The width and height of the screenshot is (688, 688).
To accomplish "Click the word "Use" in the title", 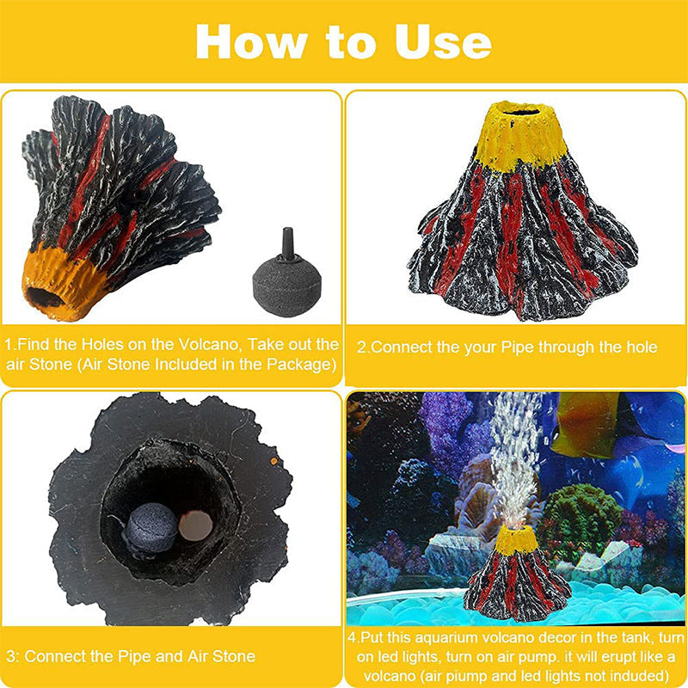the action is coord(443,41).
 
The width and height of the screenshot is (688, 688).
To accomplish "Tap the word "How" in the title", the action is coord(251,41).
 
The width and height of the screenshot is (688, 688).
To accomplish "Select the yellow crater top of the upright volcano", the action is coord(519,134).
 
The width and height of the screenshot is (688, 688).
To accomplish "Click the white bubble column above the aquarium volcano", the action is coord(514,457).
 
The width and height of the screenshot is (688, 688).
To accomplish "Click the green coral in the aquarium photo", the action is coord(578,518).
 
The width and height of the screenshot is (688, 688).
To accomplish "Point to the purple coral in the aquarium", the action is coord(452,430).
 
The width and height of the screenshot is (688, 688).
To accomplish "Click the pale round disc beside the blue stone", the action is coord(196,525).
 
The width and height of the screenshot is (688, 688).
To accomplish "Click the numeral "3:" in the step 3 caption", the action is coord(13,656).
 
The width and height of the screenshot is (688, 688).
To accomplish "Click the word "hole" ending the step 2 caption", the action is coord(641,347).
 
